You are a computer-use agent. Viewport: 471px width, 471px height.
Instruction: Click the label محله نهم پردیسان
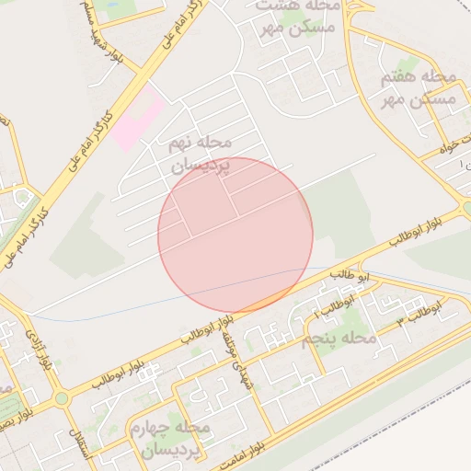tap(203, 155)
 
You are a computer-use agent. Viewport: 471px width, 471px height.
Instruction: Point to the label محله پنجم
tap(340, 339)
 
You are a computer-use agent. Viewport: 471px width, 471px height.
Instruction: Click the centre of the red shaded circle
tap(235, 235)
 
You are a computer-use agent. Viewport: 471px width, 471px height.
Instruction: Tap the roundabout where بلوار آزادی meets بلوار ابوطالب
tap(62, 398)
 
